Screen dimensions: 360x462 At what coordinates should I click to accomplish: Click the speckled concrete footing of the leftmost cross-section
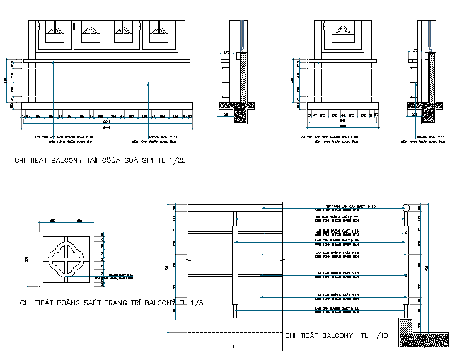click(x=240, y=114)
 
